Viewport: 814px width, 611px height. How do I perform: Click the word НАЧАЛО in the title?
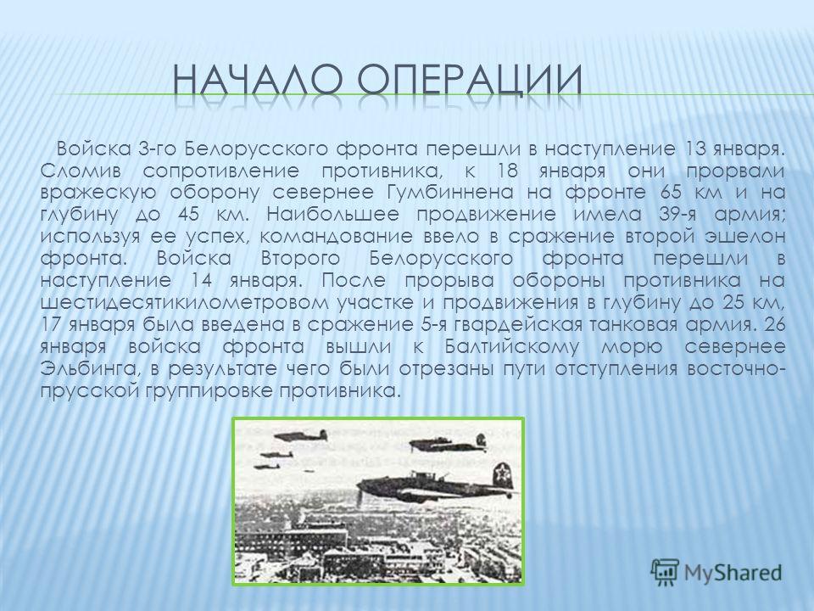[x=258, y=80]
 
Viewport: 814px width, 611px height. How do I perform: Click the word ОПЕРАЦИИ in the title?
[x=471, y=81]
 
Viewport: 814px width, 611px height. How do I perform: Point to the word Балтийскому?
[x=511, y=346]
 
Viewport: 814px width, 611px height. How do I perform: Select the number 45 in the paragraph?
[x=188, y=215]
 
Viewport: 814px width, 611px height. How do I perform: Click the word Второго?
[x=301, y=259]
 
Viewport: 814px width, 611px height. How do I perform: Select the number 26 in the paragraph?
[x=774, y=325]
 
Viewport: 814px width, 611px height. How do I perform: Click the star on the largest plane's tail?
[x=501, y=473]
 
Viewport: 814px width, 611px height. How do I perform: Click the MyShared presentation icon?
[x=665, y=573]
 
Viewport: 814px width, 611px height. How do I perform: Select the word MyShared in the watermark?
[x=733, y=573]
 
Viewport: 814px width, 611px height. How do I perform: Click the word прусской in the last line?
[x=91, y=391]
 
